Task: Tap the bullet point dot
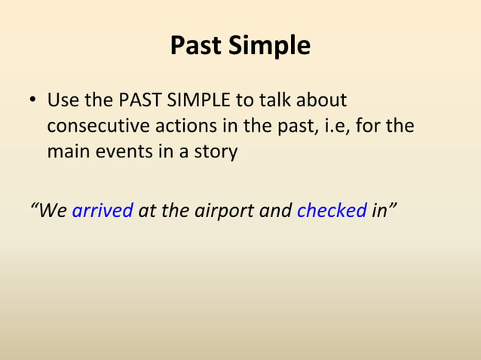coord(33,101)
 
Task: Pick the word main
coord(67,151)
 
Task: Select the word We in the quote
coord(50,209)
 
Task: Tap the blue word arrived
coord(103,209)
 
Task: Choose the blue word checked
coord(332,209)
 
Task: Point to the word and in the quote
coord(275,209)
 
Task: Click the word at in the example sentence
coord(147,209)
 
